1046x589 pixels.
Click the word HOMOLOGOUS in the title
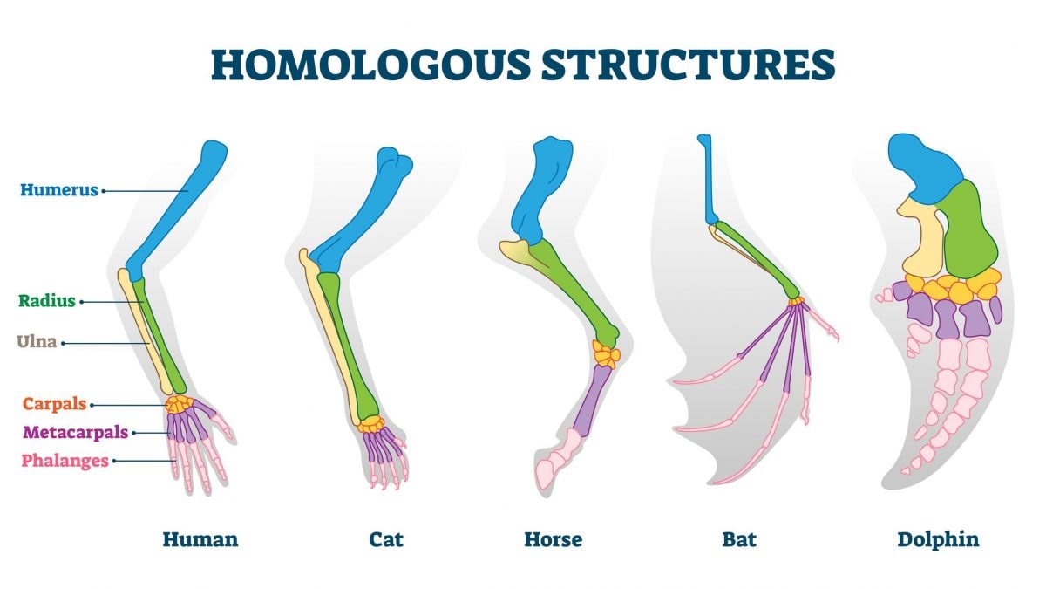pyautogui.click(x=371, y=65)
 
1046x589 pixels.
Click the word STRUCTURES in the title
pyautogui.click(x=689, y=65)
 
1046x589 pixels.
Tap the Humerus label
pyautogui.click(x=59, y=190)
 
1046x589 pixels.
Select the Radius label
pyautogui.click(x=47, y=300)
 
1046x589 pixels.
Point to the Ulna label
pyautogui.click(x=37, y=342)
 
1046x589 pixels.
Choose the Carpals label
pyautogui.click(x=55, y=404)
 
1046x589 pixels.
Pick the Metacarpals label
pyautogui.click(x=76, y=432)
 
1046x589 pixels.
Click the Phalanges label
pyautogui.click(x=65, y=461)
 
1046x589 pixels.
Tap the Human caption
pyautogui.click(x=200, y=539)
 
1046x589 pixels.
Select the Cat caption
pyautogui.click(x=385, y=539)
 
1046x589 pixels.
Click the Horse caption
pyautogui.click(x=554, y=539)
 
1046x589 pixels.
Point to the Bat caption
pyautogui.click(x=739, y=539)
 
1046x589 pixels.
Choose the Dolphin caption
pyautogui.click(x=938, y=539)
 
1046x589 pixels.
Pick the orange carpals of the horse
pyautogui.click(x=606, y=354)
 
